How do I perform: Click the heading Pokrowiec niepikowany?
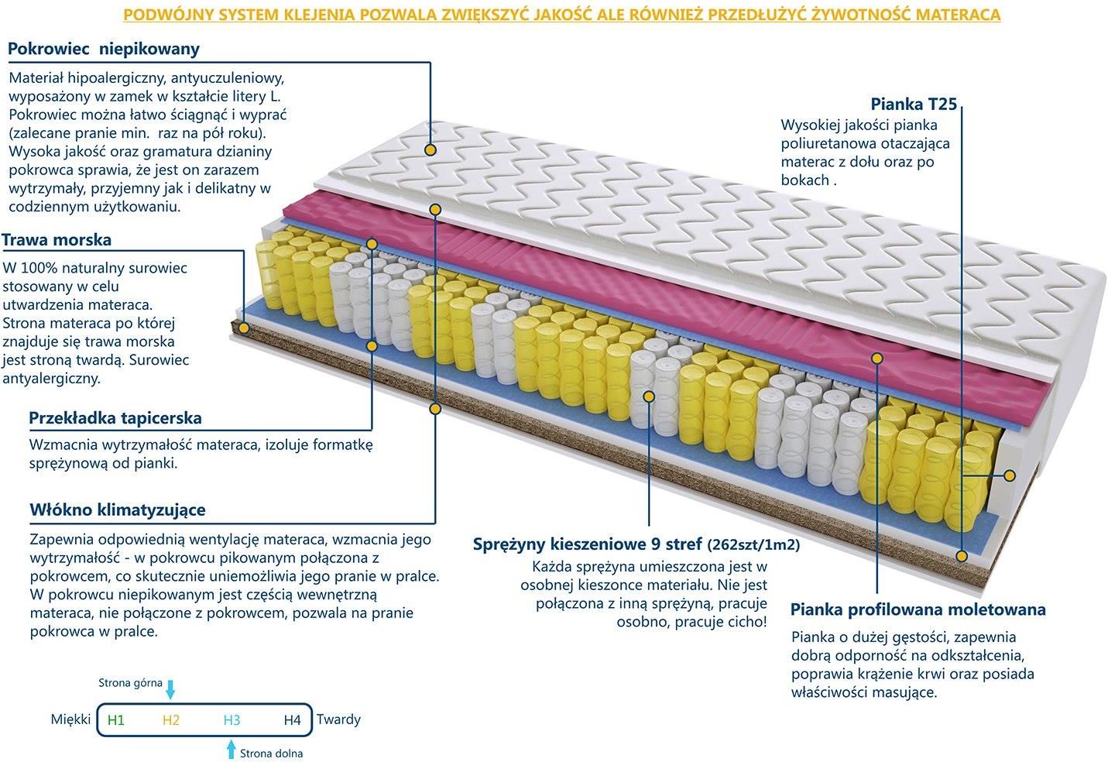[x=104, y=49]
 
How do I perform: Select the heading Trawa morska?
[x=57, y=240]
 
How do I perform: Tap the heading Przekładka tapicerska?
[x=115, y=418]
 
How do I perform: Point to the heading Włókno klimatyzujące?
[x=118, y=510]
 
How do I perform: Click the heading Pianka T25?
[x=914, y=104]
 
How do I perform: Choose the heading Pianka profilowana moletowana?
[x=918, y=609]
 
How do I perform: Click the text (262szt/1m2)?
[x=753, y=544]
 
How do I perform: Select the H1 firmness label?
[x=115, y=720]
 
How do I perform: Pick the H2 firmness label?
[x=170, y=720]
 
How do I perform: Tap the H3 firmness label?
[x=232, y=720]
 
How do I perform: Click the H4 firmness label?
[x=292, y=720]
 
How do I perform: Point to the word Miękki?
[x=70, y=719]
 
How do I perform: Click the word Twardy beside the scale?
[x=339, y=719]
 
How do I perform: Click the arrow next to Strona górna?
[x=170, y=689]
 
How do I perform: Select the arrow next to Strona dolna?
[x=231, y=749]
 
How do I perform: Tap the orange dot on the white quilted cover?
[x=431, y=149]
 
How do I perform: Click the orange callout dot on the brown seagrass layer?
[x=243, y=328]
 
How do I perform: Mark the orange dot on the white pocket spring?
[x=649, y=396]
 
